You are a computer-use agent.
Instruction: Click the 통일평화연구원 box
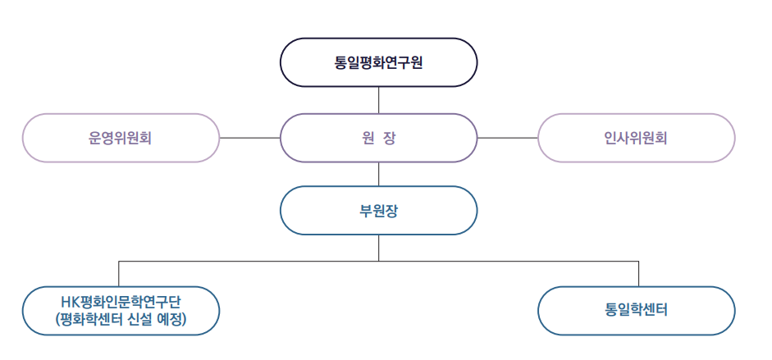pos(378,62)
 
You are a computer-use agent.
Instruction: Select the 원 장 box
pos(378,138)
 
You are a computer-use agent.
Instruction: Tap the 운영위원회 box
pos(121,138)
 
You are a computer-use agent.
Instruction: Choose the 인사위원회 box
pos(636,138)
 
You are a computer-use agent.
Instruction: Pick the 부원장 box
pos(378,210)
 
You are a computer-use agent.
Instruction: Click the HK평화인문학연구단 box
pos(121,311)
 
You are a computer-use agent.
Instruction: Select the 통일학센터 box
pos(636,311)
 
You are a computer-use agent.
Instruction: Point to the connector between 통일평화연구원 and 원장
pos(378,100)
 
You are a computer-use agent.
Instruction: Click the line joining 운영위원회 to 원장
pos(249,138)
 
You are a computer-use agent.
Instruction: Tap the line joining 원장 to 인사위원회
pos(508,138)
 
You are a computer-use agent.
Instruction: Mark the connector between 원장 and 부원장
pos(378,174)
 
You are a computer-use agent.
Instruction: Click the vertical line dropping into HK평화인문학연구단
pos(119,274)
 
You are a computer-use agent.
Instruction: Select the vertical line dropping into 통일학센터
pos(638,274)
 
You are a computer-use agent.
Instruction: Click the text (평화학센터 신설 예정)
pos(121,320)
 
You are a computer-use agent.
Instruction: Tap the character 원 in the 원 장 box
pos(365,139)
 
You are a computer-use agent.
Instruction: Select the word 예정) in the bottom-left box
pos(171,320)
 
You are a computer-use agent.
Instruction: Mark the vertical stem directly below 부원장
pos(378,248)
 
